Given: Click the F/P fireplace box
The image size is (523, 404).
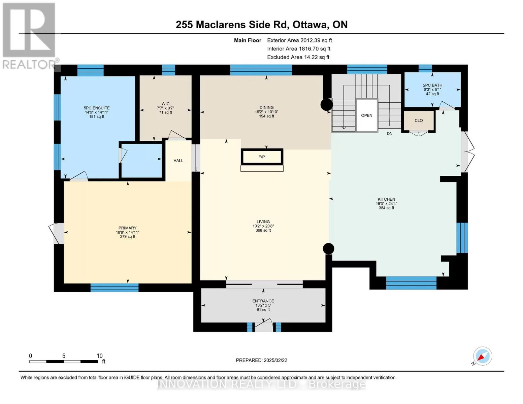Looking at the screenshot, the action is [x=262, y=157].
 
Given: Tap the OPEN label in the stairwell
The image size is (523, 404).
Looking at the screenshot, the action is [x=366, y=115].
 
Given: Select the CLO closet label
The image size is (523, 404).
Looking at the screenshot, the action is [x=419, y=121].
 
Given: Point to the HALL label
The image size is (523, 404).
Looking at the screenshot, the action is [x=178, y=161].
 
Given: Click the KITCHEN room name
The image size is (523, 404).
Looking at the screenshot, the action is [x=386, y=199].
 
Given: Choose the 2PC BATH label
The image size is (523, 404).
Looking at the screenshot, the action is [x=432, y=85].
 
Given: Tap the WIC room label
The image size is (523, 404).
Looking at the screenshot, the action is [x=166, y=104].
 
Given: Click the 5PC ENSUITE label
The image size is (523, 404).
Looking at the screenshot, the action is [x=97, y=108].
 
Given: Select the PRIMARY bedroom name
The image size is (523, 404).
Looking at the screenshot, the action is [x=128, y=228].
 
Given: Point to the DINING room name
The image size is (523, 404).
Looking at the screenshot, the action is [x=266, y=107].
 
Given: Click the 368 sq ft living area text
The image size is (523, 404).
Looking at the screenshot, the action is [x=263, y=230].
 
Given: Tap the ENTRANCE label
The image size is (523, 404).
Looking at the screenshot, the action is [x=263, y=301].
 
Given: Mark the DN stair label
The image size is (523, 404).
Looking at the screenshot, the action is [x=389, y=134].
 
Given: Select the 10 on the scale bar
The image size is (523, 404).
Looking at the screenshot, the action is [x=100, y=356].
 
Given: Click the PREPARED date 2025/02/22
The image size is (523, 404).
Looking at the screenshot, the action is [x=275, y=360].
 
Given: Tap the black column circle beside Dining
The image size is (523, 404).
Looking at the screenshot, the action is [x=327, y=105].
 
